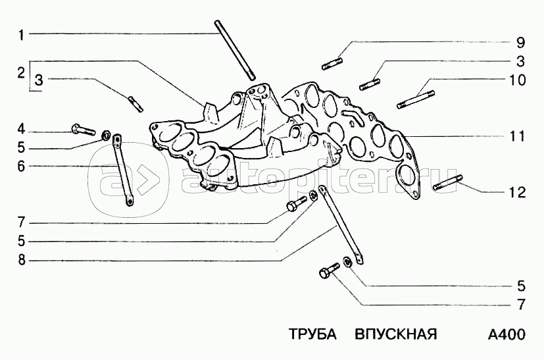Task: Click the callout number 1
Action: (21, 35)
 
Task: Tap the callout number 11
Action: (517, 136)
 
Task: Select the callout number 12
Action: (517, 192)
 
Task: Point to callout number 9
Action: (520, 43)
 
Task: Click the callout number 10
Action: (517, 80)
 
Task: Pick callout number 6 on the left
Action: (21, 167)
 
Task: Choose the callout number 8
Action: (22, 259)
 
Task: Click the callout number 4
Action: (21, 130)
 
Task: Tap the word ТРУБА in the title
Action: (312, 334)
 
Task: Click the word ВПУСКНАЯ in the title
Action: (396, 334)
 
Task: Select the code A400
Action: (507, 334)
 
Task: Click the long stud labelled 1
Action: (235, 49)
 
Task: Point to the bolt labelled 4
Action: (83, 130)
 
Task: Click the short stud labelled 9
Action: (333, 64)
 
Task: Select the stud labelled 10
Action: (416, 99)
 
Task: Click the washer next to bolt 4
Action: (106, 135)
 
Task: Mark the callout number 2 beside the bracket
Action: (21, 74)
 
